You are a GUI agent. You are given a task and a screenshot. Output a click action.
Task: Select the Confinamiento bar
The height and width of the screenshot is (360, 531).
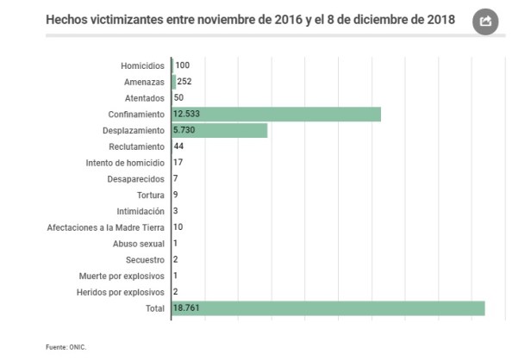pyautogui.click(x=276, y=115)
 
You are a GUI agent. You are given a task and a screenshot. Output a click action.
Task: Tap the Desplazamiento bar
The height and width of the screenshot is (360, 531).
pyautogui.click(x=220, y=130)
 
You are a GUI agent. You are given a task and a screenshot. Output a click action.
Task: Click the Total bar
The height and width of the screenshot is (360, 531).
pyautogui.click(x=328, y=308)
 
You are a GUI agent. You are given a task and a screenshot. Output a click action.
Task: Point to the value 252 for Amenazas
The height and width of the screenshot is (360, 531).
pyautogui.click(x=184, y=82)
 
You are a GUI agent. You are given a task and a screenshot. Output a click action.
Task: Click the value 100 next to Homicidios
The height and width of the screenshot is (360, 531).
pyautogui.click(x=182, y=65)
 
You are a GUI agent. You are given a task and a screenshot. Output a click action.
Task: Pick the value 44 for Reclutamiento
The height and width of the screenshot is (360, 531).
pyautogui.click(x=179, y=146)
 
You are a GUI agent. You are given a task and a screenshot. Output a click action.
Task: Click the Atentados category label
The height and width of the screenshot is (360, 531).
pyautogui.click(x=144, y=98)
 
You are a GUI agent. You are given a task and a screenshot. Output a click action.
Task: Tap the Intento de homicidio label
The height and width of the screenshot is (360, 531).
pyautogui.click(x=125, y=163)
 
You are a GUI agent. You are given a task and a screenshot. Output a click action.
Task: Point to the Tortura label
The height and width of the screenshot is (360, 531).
pyautogui.click(x=148, y=196)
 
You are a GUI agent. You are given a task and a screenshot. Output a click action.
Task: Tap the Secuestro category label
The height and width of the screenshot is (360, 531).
pyautogui.click(x=144, y=260)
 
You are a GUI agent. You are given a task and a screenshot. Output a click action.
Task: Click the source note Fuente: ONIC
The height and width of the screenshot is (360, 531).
pyautogui.click(x=66, y=347)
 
